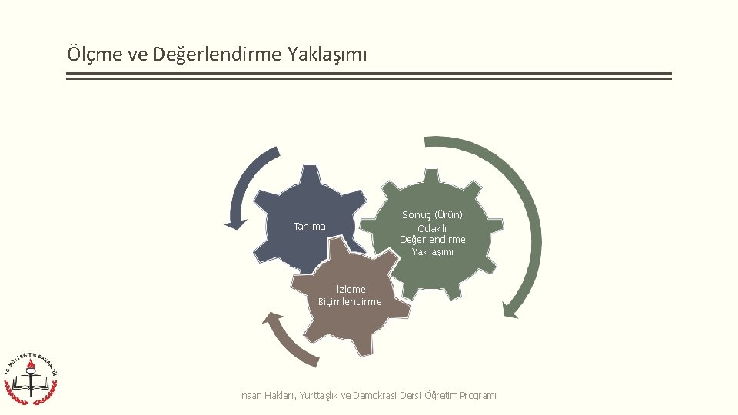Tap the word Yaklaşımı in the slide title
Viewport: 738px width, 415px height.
pyautogui.click(x=327, y=55)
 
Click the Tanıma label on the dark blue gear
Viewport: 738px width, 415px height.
pyautogui.click(x=310, y=227)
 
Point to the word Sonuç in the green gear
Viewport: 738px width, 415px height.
pyautogui.click(x=417, y=215)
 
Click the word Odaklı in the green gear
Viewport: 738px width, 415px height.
pyautogui.click(x=432, y=228)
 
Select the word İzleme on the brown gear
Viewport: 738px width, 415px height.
pyautogui.click(x=351, y=290)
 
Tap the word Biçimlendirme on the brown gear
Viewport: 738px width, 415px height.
pyautogui.click(x=350, y=301)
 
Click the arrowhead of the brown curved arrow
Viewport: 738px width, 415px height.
pyautogui.click(x=269, y=317)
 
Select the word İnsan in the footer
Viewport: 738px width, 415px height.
pyautogui.click(x=251, y=396)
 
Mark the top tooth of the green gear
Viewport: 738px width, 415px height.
pyautogui.click(x=432, y=173)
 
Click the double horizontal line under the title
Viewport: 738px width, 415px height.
pyautogui.click(x=368, y=76)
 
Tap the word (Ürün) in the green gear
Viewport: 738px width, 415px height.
pyautogui.click(x=449, y=215)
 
